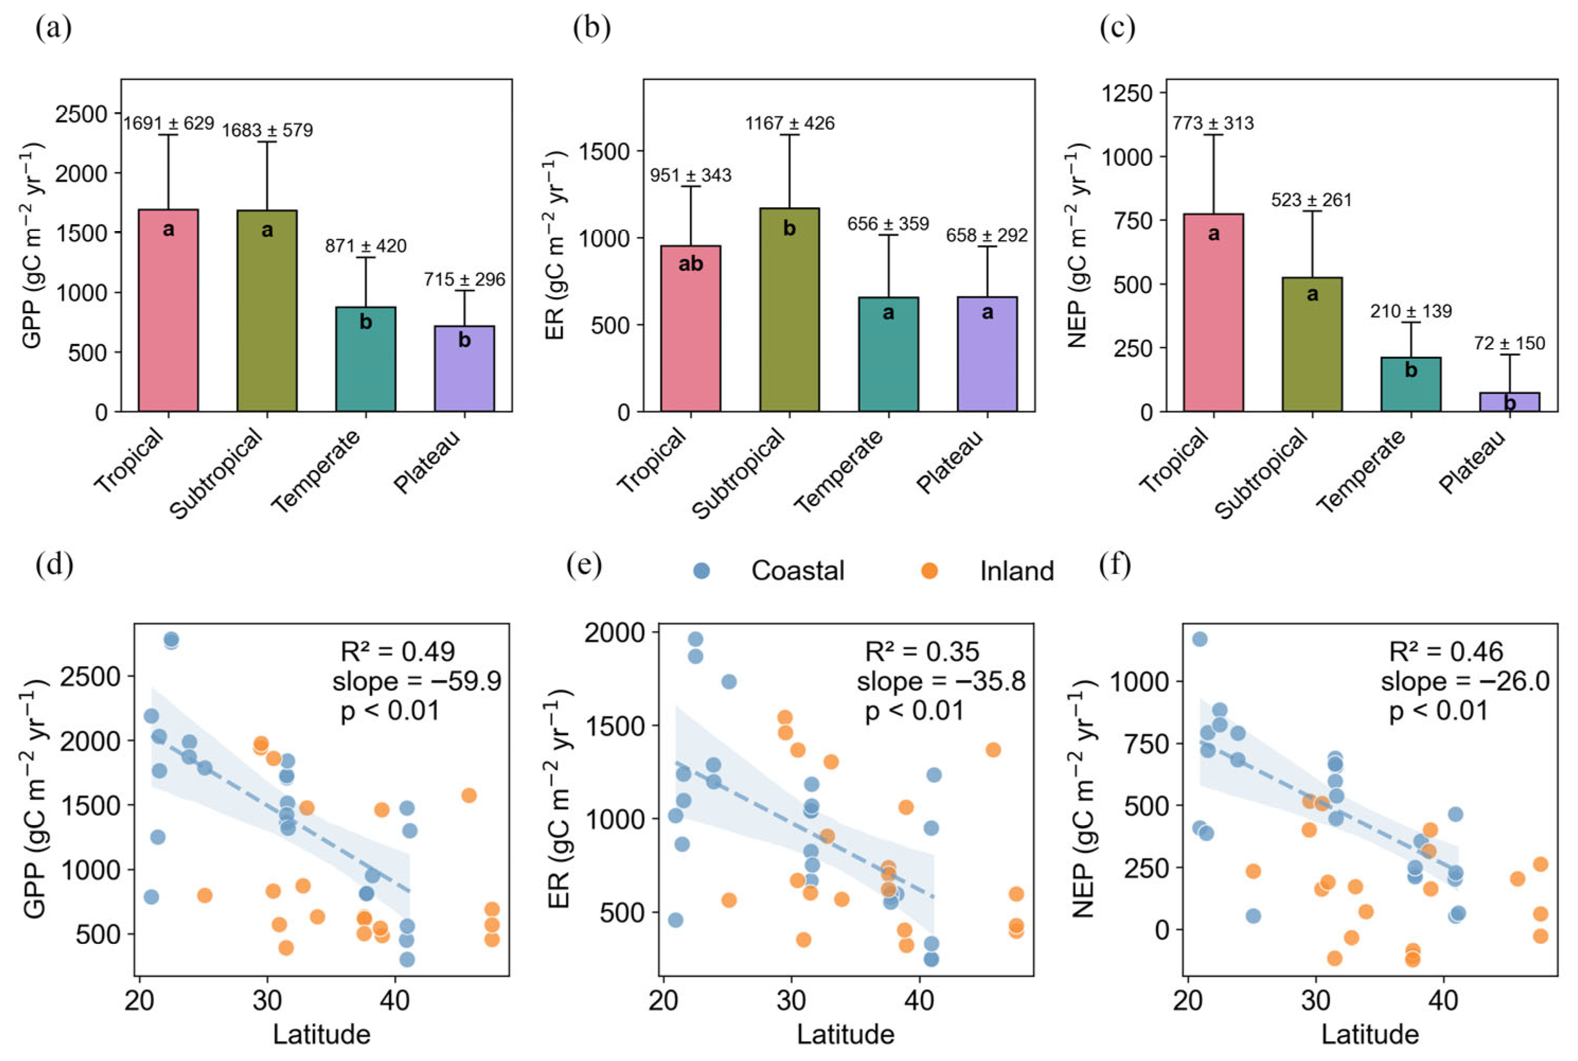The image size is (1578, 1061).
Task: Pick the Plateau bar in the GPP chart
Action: [x=464, y=368]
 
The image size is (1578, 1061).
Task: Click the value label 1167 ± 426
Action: [x=789, y=123]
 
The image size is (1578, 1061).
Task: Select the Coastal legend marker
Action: [x=701, y=570]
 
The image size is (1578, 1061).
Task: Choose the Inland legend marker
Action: [x=929, y=570]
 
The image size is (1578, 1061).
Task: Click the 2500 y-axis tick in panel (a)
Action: [x=81, y=113]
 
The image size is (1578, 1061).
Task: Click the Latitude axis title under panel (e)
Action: [x=845, y=1034]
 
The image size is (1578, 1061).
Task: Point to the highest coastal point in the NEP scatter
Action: [x=1199, y=639]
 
